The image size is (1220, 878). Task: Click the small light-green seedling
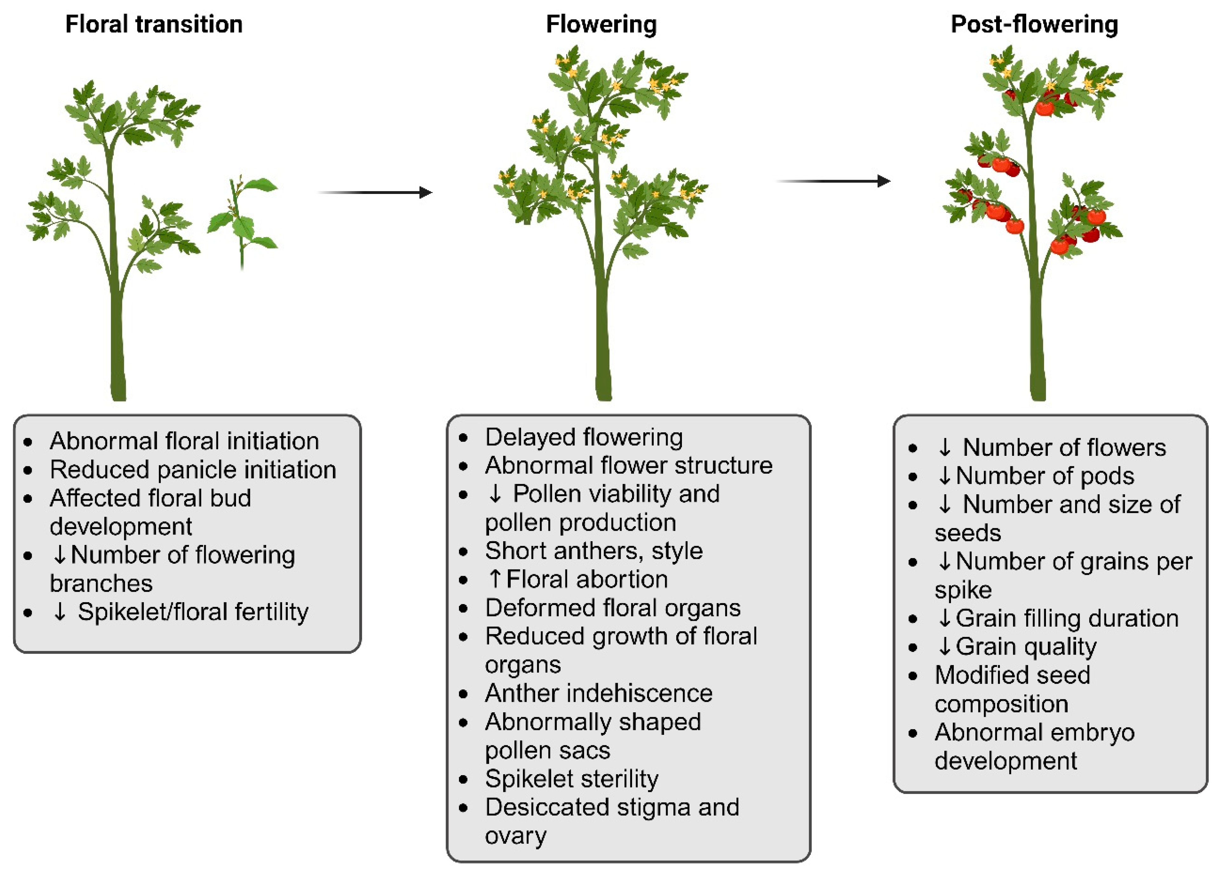point(242,220)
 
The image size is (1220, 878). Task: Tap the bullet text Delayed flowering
point(584,437)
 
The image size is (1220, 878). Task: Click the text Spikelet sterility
point(571,779)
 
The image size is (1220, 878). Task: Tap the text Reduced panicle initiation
point(192,470)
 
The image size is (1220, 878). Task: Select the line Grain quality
point(1026,647)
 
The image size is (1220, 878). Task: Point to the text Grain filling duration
point(1067,618)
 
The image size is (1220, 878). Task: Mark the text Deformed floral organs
point(613,608)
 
